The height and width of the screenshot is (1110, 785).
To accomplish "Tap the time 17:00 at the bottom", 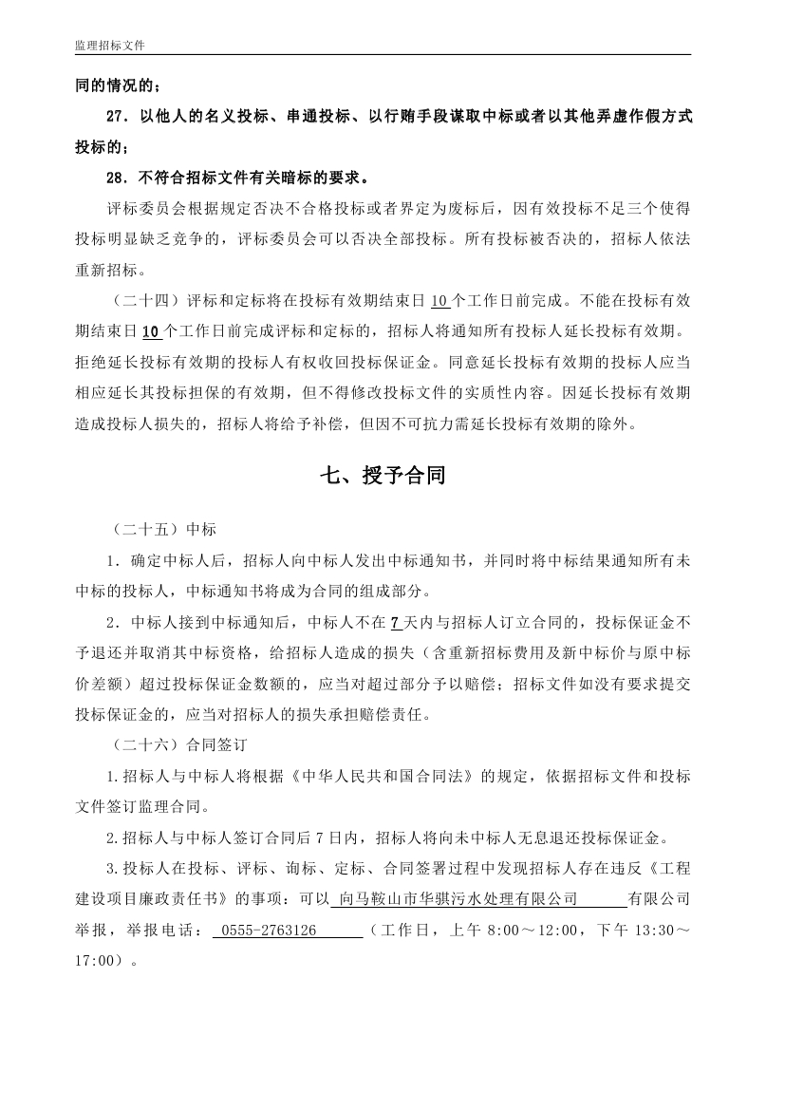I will [x=94, y=960].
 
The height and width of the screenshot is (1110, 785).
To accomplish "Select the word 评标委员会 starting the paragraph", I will [x=147, y=208].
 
